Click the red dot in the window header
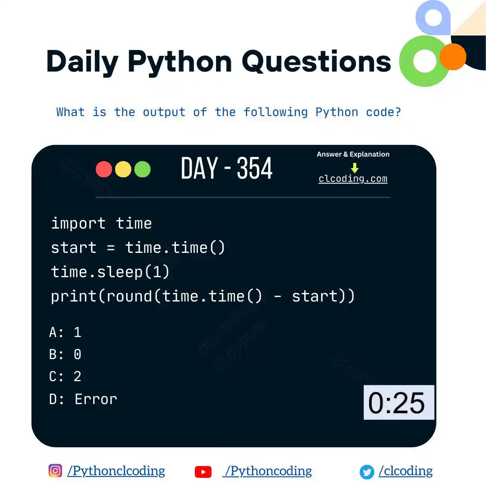[104, 169]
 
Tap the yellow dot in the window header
[123, 169]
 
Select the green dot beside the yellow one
[142, 169]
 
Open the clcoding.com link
[353, 179]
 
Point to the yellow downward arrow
[355, 168]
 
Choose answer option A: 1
[66, 333]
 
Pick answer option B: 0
[66, 355]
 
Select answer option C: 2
[66, 377]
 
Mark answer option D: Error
[83, 399]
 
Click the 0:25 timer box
[399, 402]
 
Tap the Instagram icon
[55, 471]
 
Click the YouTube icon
[203, 472]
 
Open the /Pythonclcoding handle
[116, 471]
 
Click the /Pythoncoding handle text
[268, 471]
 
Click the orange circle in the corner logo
[453, 57]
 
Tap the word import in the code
[78, 223]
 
